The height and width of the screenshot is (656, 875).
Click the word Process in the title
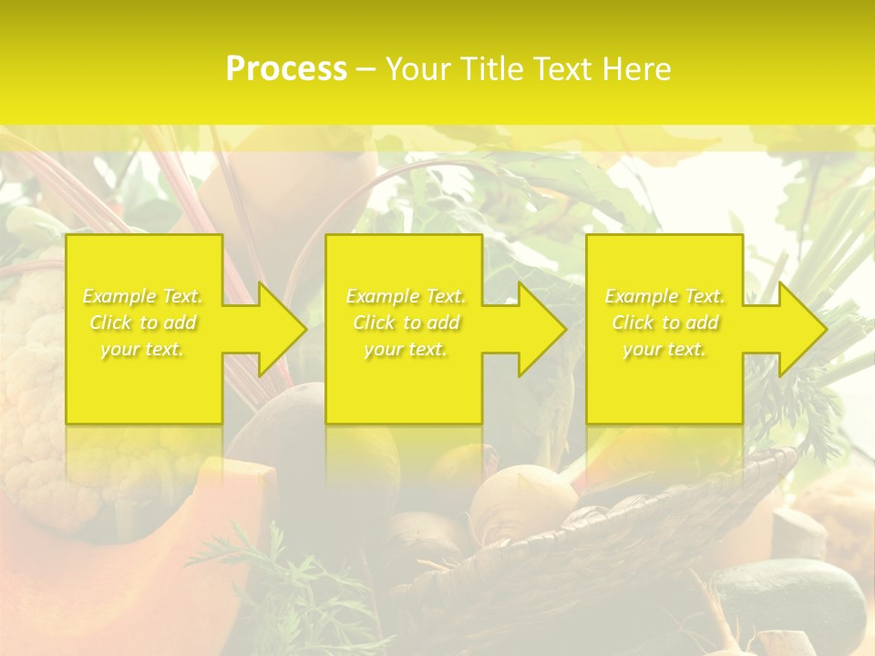(x=286, y=69)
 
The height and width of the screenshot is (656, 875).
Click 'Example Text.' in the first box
(x=143, y=296)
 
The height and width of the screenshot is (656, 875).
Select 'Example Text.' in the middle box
(x=406, y=296)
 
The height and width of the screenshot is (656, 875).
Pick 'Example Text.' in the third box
(x=664, y=296)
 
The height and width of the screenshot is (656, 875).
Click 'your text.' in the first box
(x=143, y=349)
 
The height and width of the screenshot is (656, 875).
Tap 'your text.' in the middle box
(x=406, y=349)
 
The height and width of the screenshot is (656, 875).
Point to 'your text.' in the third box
(x=664, y=349)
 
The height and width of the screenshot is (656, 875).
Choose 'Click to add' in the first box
(x=143, y=323)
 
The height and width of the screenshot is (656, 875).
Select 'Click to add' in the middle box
(x=406, y=323)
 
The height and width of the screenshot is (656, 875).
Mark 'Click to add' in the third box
(x=664, y=323)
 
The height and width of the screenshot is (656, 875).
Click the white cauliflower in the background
(x=32, y=383)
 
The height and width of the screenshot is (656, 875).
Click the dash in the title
(x=365, y=69)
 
